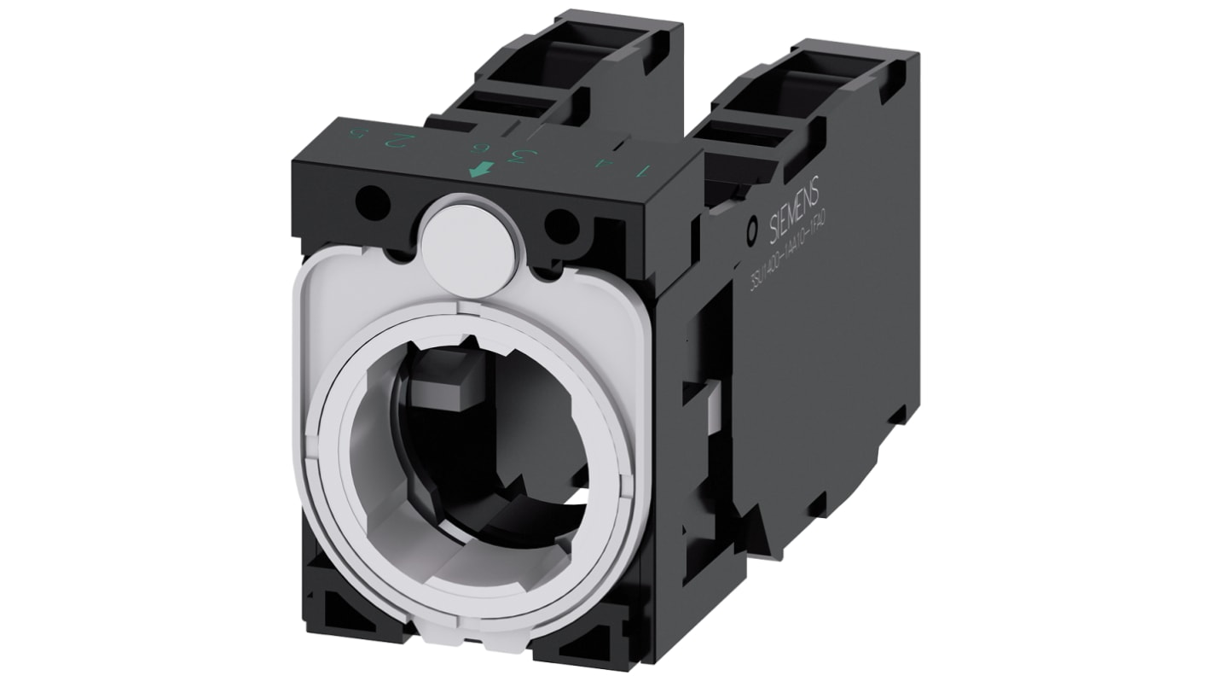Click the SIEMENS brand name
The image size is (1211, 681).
794,209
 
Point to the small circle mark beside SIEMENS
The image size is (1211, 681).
751,230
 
